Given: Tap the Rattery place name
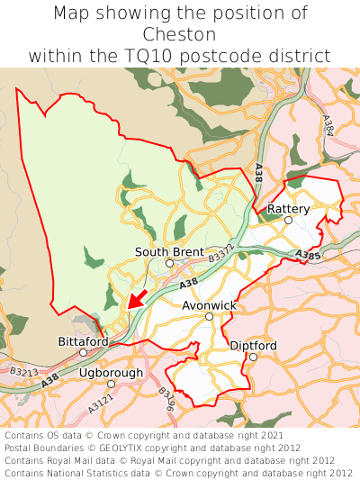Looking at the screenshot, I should point(289,209).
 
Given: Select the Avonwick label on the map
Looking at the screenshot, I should point(209,305).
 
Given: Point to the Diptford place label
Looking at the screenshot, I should point(253,346).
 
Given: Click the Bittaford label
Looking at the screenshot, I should point(83,341).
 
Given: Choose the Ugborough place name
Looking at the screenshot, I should point(111,372).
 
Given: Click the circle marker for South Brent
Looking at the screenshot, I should point(169,264).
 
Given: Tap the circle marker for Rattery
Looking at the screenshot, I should point(289,221).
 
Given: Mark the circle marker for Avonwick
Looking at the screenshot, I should point(209,317).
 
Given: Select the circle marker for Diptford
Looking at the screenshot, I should point(253,358).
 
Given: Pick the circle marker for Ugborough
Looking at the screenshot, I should point(111,384).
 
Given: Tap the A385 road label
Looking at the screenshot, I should point(307,257).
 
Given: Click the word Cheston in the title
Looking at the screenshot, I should point(180,34).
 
